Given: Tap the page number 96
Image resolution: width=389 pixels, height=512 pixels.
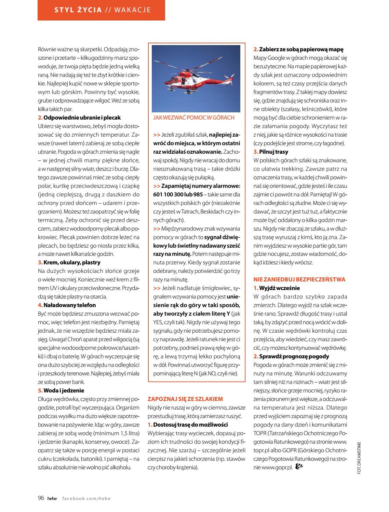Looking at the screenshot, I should (x=41, y=498).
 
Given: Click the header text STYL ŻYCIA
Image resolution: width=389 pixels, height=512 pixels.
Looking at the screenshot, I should (x=78, y=10).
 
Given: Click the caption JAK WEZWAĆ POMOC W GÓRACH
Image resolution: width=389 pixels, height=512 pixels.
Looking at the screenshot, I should (x=194, y=117).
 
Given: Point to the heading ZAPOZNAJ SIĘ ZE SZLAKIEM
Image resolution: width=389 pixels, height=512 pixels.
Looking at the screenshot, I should (x=185, y=399).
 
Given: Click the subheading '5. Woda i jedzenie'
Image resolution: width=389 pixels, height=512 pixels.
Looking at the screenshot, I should (x=61, y=390).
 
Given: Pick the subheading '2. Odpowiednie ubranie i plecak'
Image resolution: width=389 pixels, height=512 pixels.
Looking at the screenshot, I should (x=79, y=117).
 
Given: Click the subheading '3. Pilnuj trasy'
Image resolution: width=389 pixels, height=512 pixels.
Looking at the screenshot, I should (x=271, y=151).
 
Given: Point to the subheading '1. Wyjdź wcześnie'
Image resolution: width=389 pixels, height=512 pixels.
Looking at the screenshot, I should (x=277, y=288).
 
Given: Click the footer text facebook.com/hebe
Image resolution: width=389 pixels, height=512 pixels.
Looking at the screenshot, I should (x=86, y=498).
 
